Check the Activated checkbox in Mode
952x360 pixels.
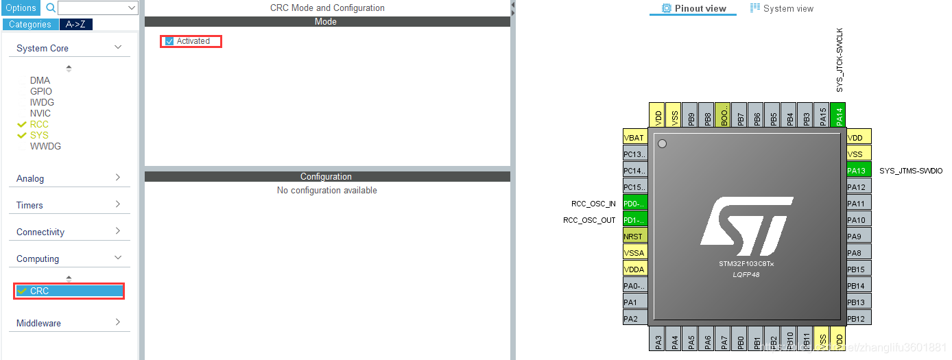click(x=170, y=41)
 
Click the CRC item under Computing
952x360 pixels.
click(x=40, y=291)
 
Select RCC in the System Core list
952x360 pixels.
click(x=39, y=124)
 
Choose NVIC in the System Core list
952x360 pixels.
click(x=40, y=113)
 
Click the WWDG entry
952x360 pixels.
click(x=45, y=146)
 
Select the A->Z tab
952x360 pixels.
click(x=75, y=25)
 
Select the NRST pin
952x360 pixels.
click(x=635, y=237)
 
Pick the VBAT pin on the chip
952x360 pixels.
click(x=635, y=138)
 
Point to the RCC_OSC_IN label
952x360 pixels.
click(x=593, y=204)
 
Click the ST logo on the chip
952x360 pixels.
click(x=746, y=221)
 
